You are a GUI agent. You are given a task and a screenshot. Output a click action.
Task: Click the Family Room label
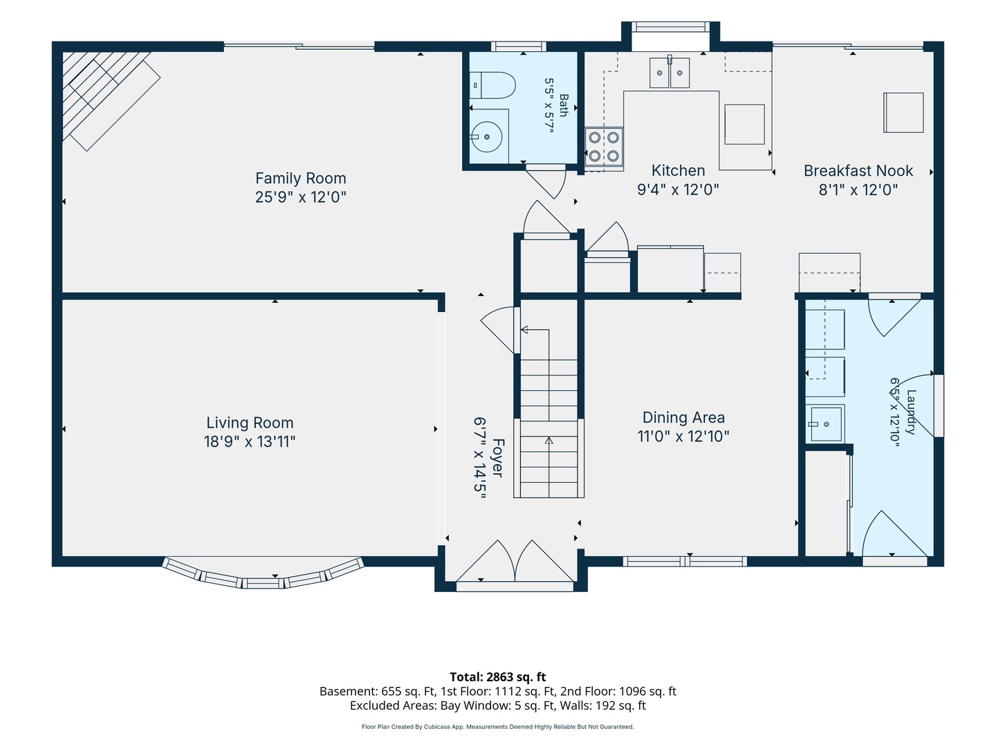(300, 178)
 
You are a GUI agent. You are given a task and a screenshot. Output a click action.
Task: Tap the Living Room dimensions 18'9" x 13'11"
(250, 441)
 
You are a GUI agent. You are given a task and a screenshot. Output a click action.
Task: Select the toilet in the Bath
(492, 85)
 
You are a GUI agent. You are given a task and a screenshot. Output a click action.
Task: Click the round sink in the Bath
(487, 136)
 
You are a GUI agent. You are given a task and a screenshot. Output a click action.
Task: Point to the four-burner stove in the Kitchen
(604, 147)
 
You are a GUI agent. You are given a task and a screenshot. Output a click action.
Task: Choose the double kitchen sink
(670, 73)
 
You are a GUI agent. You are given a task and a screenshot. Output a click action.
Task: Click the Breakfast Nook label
(858, 171)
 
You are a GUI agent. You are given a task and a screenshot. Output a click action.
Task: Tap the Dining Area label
(683, 417)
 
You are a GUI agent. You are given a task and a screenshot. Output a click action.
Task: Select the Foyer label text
(498, 458)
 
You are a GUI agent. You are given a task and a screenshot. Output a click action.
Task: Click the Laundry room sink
(825, 423)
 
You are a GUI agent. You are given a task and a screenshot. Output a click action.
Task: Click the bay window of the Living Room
(264, 573)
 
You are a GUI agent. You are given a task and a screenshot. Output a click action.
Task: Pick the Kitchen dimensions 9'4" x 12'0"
(678, 189)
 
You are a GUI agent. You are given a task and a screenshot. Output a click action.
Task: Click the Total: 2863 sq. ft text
(498, 676)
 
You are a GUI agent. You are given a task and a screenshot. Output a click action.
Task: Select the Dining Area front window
(685, 562)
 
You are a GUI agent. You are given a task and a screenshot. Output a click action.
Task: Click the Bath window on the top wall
(519, 46)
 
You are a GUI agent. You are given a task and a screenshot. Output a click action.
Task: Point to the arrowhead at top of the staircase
(524, 330)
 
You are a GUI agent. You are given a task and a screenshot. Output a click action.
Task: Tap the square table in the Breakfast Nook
(903, 113)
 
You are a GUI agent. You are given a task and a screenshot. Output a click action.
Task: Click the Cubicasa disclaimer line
(498, 726)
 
